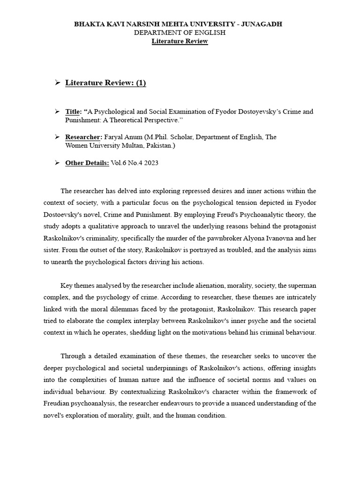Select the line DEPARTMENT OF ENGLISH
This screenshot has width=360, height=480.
pyautogui.click(x=180, y=32)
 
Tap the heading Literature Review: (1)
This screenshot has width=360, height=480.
pyautogui.click(x=105, y=83)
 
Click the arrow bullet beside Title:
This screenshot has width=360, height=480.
pyautogui.click(x=57, y=112)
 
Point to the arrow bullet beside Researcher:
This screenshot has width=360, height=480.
pyautogui.click(x=57, y=137)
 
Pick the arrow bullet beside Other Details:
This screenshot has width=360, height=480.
pyautogui.click(x=57, y=163)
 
